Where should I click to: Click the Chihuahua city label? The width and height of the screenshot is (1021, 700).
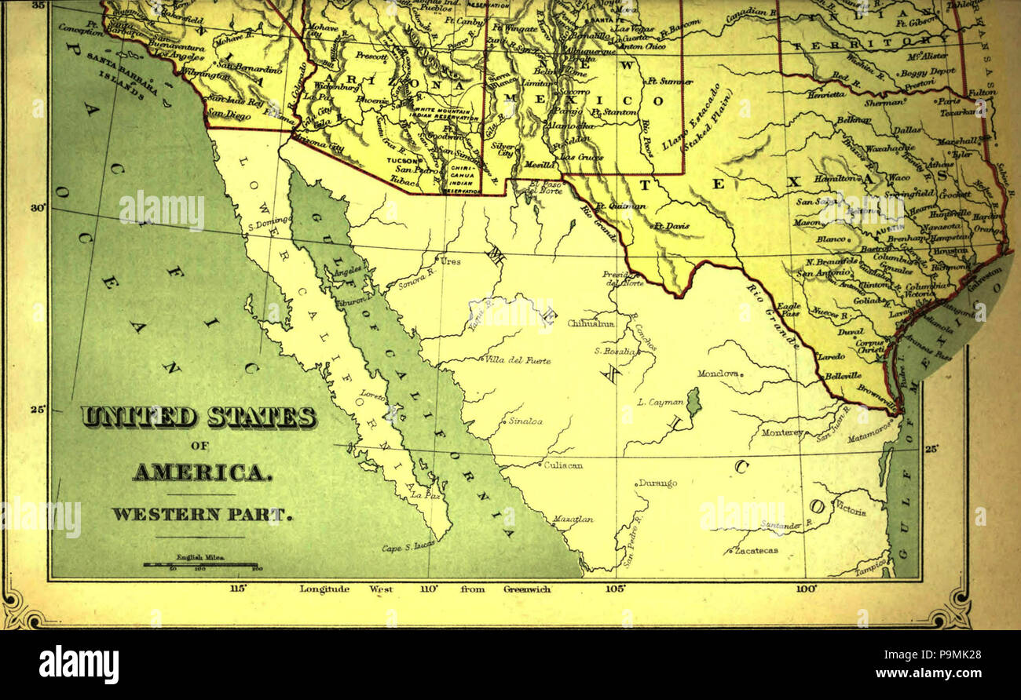590,323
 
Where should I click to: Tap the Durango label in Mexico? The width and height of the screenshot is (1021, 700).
657,483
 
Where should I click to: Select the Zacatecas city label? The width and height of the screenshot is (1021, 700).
756,551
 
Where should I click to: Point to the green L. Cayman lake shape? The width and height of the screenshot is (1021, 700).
693,402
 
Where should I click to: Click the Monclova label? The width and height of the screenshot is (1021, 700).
718,374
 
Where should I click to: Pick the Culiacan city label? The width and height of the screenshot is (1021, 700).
563,465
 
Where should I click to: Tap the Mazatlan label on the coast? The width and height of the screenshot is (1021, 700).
573,520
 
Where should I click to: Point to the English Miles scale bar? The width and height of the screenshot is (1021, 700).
201,564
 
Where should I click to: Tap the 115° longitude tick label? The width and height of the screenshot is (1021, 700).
238,589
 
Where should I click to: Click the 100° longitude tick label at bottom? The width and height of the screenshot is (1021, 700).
807,589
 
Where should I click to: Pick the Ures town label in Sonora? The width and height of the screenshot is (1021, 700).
450,261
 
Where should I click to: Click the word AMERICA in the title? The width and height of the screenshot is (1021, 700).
202,472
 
